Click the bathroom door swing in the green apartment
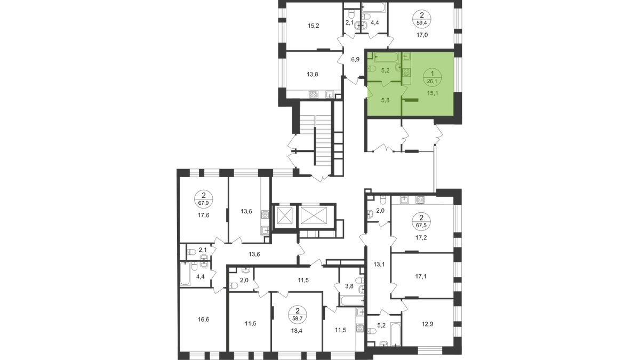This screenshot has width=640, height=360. [387, 84]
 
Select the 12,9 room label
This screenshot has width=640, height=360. [428, 323]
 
